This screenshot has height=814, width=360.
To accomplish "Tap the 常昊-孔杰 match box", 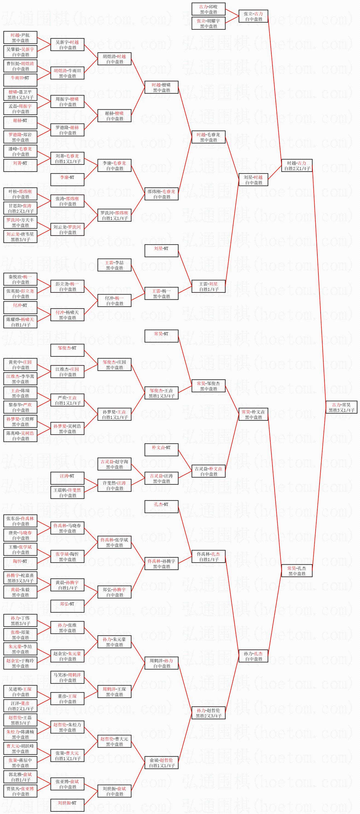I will (297, 571).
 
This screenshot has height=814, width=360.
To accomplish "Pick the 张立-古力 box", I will (253, 16).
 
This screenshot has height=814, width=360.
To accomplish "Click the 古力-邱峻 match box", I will (208, 9).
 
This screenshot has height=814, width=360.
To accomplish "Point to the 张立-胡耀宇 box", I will (208, 24).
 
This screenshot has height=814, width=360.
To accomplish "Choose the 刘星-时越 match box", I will (253, 180).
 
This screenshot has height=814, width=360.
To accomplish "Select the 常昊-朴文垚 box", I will (253, 414).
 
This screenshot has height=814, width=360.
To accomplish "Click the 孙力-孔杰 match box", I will (253, 656).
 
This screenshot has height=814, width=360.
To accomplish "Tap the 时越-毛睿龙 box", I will (208, 137).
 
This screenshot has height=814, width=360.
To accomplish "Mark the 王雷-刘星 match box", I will (208, 286).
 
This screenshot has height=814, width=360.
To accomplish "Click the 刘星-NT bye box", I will (161, 250).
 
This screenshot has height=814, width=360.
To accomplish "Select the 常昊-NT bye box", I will (161, 336).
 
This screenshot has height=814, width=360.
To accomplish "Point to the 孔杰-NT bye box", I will (161, 507).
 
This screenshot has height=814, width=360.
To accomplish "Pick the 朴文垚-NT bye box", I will (161, 450).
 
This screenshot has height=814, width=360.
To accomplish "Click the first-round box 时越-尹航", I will (20, 38).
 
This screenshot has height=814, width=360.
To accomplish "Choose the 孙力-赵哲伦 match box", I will (208, 713).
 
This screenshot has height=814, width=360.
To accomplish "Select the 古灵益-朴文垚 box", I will (208, 471).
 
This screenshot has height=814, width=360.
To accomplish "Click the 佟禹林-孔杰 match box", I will (208, 556).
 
